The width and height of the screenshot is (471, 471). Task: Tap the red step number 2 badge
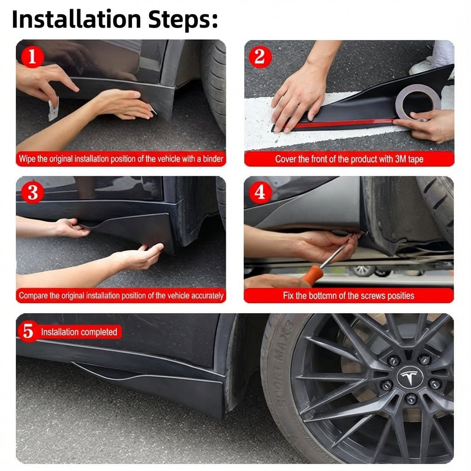pos(259,57)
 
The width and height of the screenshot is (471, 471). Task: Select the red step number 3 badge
pos(32,193)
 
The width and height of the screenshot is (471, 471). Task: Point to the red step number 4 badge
pos(260,192)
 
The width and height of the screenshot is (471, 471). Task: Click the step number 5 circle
pos(28,332)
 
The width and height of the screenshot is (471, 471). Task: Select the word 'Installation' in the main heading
pos(76,19)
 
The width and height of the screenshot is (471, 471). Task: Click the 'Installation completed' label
pos(79,332)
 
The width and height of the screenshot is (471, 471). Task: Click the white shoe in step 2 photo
pos(421,67)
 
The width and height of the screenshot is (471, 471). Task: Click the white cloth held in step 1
pos(53,110)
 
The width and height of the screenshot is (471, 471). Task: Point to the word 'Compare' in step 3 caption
pos(33,296)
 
